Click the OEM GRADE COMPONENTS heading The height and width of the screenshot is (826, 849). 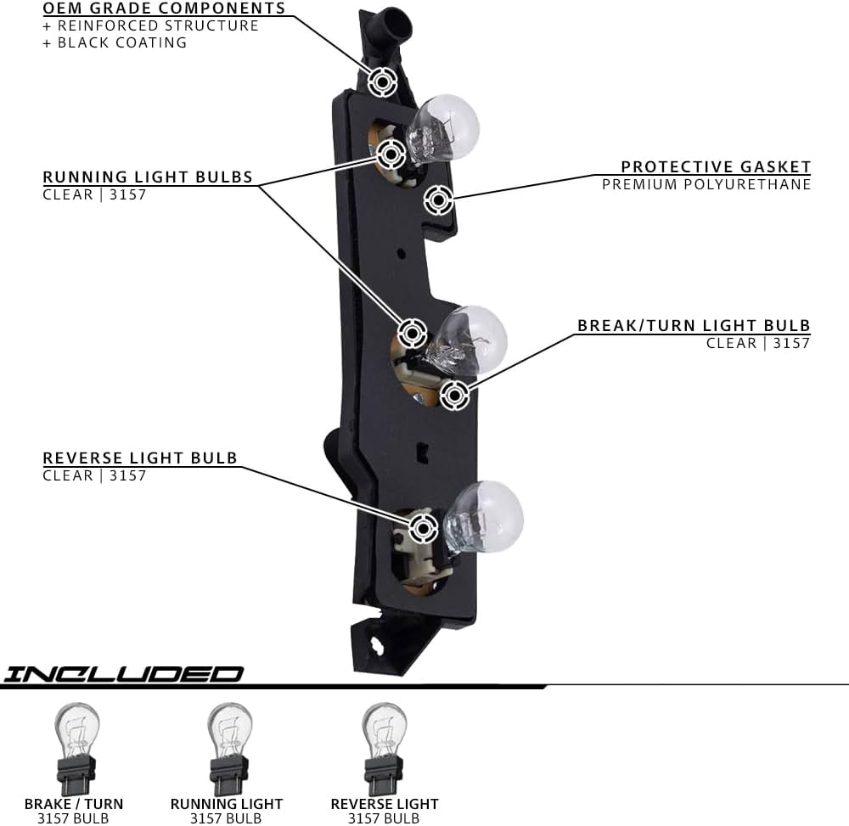(x=165, y=9)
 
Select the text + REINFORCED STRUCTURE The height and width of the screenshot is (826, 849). (x=150, y=25)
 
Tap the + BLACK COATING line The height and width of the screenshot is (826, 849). (x=115, y=42)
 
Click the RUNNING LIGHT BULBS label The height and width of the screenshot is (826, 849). (x=148, y=177)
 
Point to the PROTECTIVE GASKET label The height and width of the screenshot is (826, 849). (x=716, y=167)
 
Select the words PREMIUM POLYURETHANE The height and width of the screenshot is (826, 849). (x=706, y=184)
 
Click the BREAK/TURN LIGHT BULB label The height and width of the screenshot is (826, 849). (x=694, y=326)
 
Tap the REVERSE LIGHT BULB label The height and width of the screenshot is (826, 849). (x=140, y=458)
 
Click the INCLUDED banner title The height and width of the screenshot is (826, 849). (x=122, y=674)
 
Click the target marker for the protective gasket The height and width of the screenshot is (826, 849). (x=438, y=200)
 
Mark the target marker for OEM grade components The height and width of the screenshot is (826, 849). (x=383, y=82)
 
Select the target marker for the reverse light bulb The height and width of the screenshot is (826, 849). (x=423, y=529)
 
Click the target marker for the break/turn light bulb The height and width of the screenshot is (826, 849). (x=454, y=394)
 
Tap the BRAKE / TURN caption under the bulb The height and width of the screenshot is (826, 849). (x=74, y=804)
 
